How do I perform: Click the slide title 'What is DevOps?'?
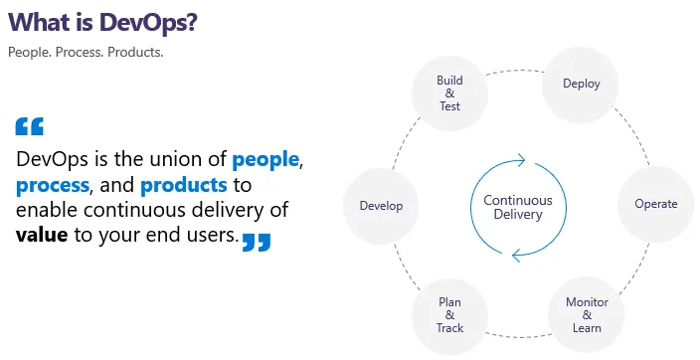101,22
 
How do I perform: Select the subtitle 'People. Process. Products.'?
85,52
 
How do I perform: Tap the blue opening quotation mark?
30,126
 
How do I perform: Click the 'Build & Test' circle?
449,92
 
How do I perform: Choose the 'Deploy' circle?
582,84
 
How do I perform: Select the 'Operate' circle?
655,204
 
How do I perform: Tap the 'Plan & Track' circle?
449,315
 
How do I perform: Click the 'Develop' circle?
380,206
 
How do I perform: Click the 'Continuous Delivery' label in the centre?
517,207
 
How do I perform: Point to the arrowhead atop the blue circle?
518,158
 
